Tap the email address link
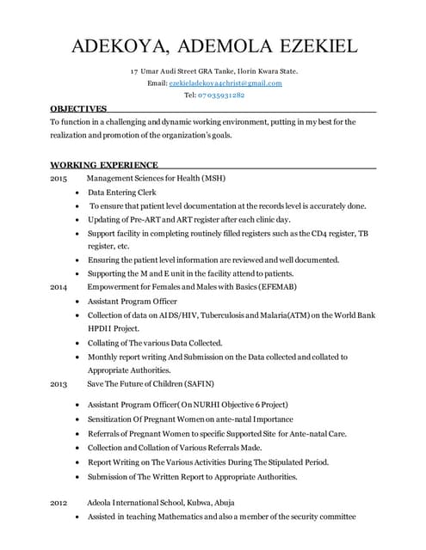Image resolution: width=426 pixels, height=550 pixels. tap(225, 82)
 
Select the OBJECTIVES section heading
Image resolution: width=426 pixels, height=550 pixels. tap(78, 109)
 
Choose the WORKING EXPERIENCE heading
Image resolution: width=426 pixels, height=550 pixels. tap(104, 164)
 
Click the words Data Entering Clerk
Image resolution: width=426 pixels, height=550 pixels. tap(121, 192)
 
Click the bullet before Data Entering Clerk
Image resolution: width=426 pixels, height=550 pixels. tap(78, 192)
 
